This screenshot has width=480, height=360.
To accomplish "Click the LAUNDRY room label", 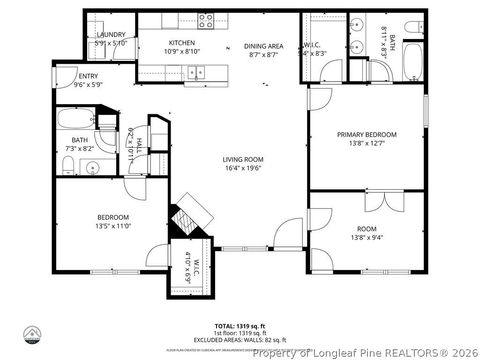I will [110, 35].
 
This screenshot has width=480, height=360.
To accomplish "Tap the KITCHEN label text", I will [181, 43].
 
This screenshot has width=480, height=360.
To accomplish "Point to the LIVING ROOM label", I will [243, 159].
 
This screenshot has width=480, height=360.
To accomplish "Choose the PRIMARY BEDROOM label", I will [366, 134].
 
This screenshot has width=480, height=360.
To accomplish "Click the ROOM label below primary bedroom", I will [366, 229].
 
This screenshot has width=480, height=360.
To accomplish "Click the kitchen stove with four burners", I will [206, 19].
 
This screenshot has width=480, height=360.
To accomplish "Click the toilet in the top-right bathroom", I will [413, 25].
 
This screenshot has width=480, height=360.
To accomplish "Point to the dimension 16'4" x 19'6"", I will [243, 168].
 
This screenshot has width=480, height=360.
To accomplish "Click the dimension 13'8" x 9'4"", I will [366, 237].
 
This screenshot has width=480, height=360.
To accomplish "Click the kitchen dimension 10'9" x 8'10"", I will [181, 51].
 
